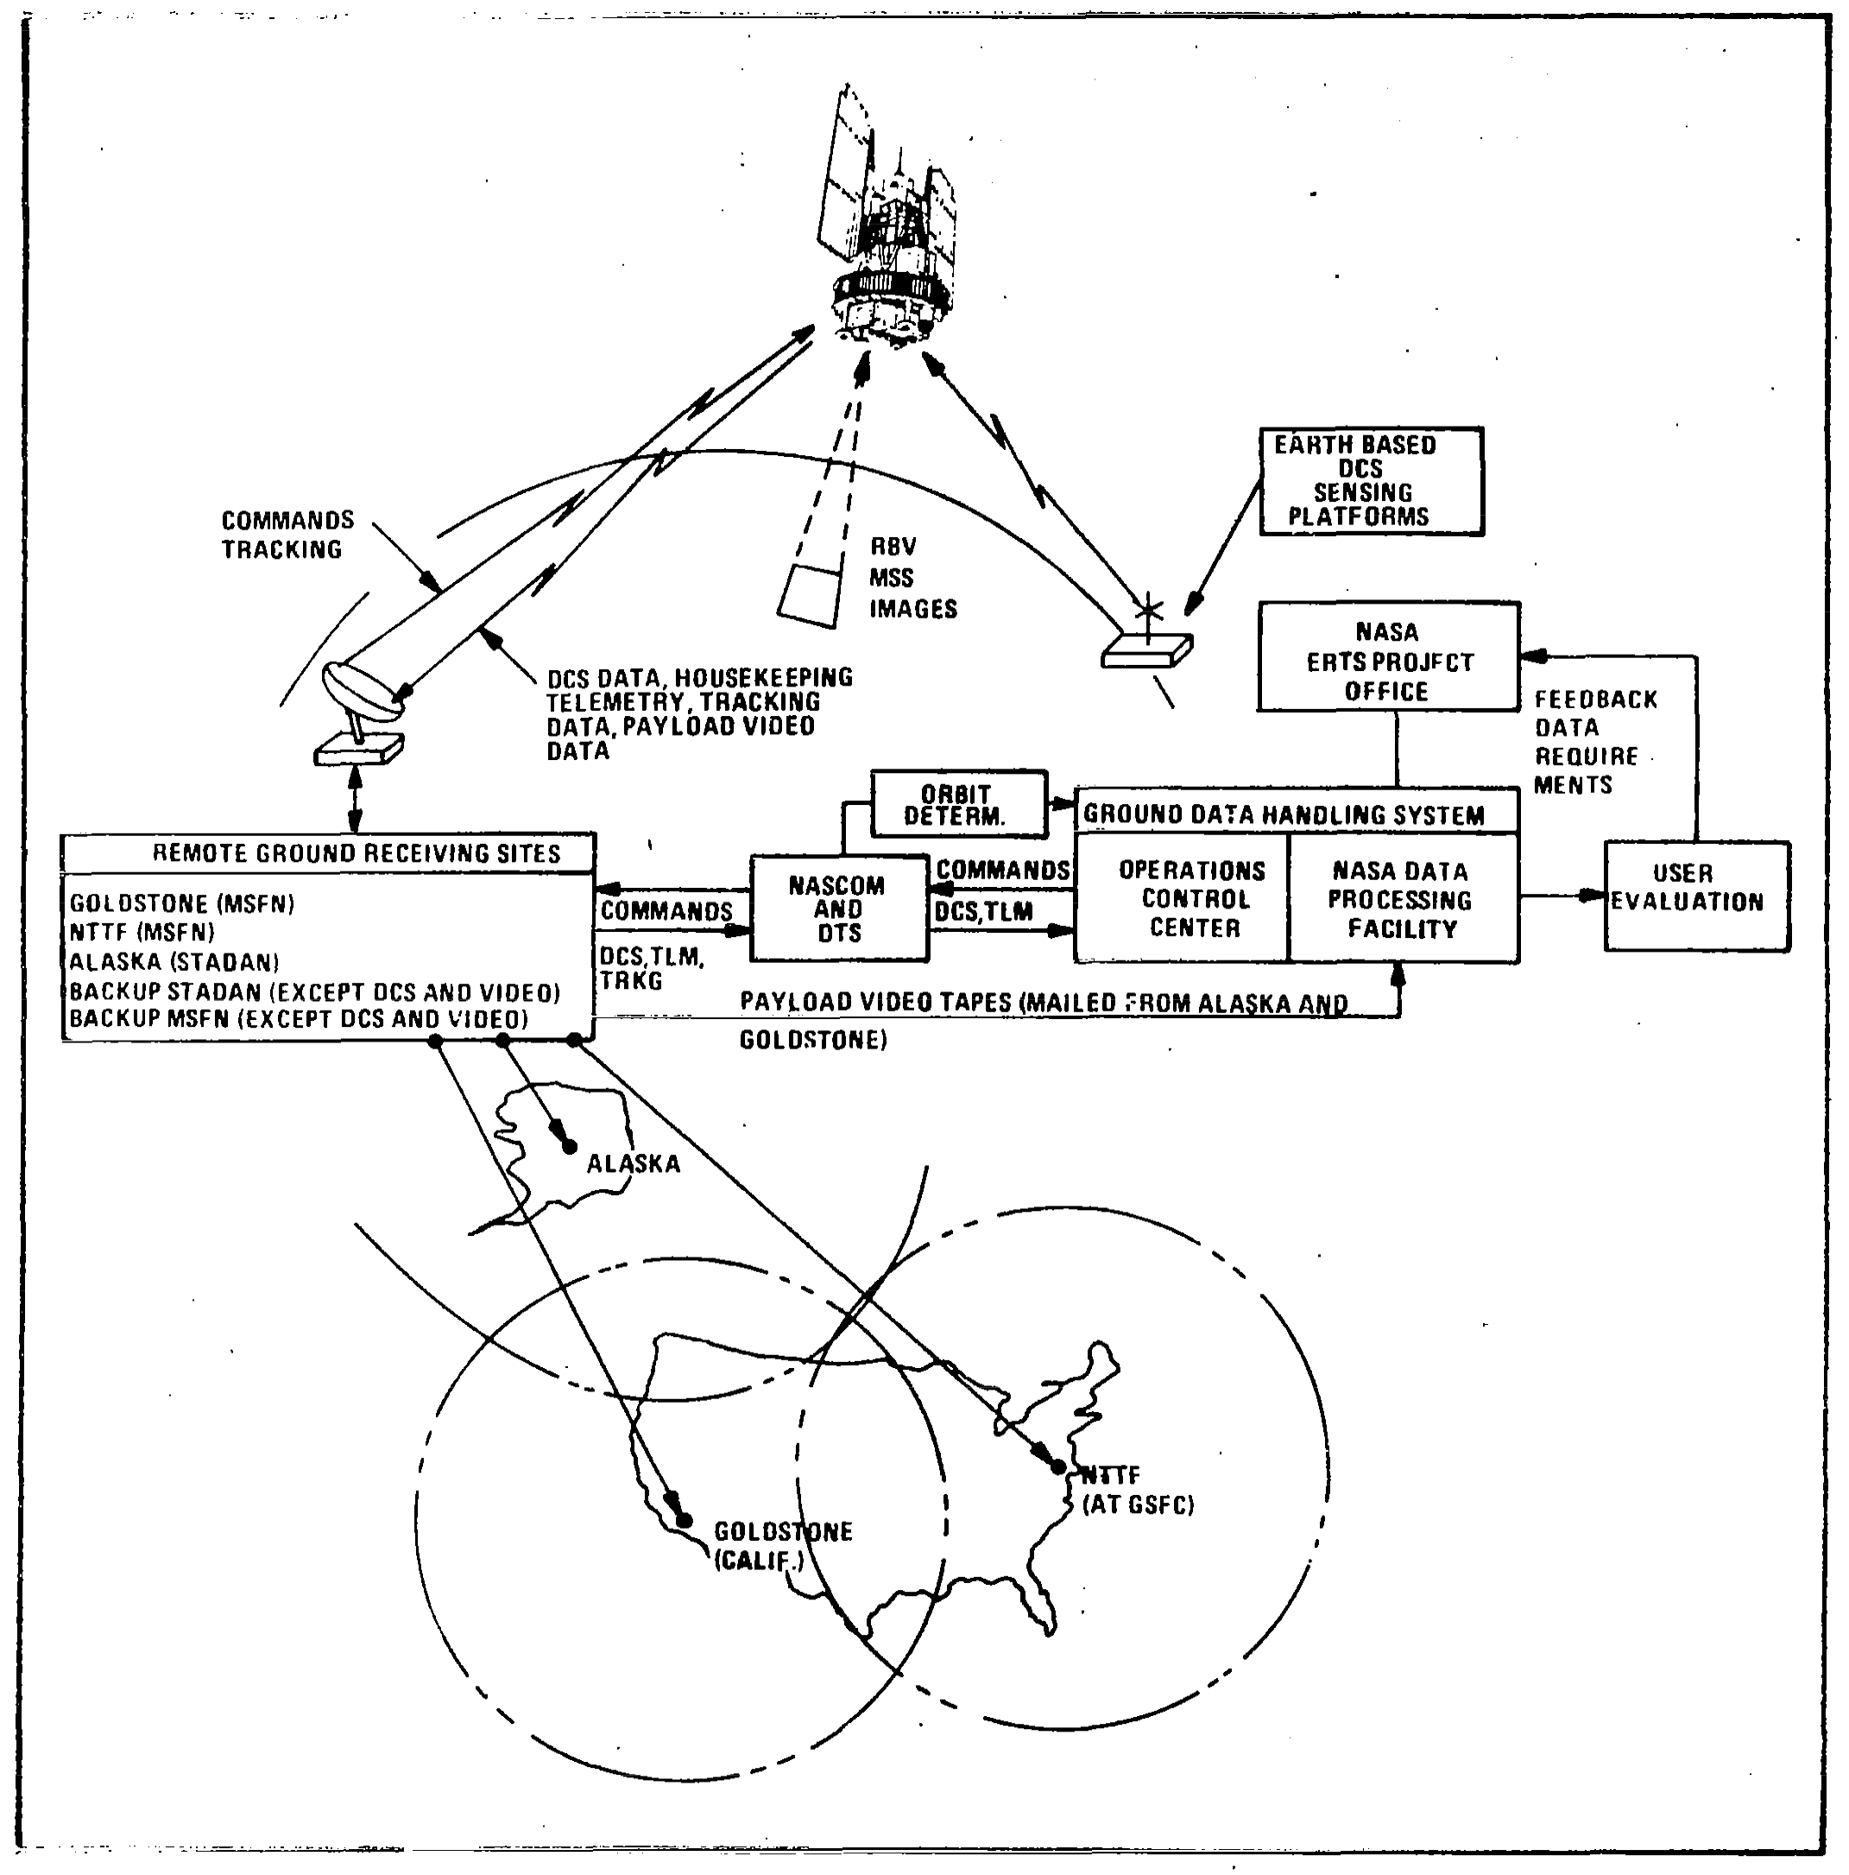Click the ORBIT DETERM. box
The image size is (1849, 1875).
click(x=958, y=805)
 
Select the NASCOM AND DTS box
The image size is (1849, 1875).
click(x=839, y=909)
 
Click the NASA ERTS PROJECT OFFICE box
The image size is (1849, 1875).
click(x=1388, y=658)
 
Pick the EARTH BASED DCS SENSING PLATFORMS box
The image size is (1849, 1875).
click(x=1371, y=480)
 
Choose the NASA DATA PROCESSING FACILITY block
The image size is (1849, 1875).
click(x=1402, y=899)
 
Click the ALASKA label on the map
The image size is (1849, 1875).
click(x=634, y=1162)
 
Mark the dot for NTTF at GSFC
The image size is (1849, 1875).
click(x=1059, y=1467)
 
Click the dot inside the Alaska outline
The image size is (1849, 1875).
click(x=570, y=1147)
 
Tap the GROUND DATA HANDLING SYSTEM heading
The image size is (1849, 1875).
click(x=1283, y=814)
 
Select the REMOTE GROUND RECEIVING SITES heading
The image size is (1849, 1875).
click(x=356, y=853)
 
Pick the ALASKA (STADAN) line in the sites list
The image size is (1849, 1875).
click(x=174, y=962)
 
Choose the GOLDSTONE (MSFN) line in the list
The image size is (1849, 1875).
click(x=181, y=903)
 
